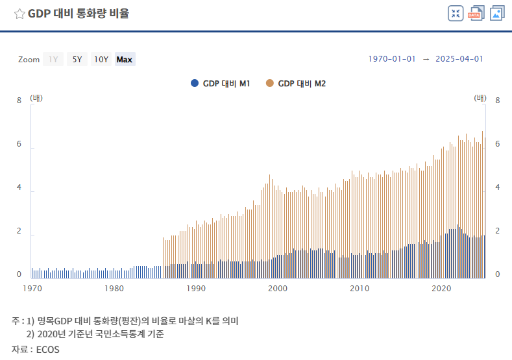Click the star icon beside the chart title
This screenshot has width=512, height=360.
pyautogui.click(x=19, y=14)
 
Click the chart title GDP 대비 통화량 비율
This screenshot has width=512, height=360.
pyautogui.click(x=78, y=14)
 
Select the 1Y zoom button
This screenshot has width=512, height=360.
pyautogui.click(x=53, y=60)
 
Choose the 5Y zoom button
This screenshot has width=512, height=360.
pyautogui.click(x=77, y=60)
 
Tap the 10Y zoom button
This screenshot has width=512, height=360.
pyautogui.click(x=101, y=60)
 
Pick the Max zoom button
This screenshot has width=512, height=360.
pyautogui.click(x=125, y=60)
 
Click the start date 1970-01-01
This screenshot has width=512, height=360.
pyautogui.click(x=392, y=59)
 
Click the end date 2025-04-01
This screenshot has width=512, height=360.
pyautogui.click(x=459, y=59)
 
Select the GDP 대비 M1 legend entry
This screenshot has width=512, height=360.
pyautogui.click(x=221, y=83)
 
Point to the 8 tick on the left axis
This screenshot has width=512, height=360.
pyautogui.click(x=19, y=101)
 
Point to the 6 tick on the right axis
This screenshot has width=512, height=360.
pyautogui.click(x=497, y=144)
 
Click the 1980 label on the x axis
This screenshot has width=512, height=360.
pyautogui.click(x=114, y=288)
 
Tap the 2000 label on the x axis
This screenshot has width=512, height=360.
pyautogui.click(x=278, y=288)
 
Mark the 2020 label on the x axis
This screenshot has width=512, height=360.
pyautogui.click(x=441, y=288)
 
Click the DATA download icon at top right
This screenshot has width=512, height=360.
pyautogui.click(x=476, y=14)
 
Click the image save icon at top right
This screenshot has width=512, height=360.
pyautogui.click(x=497, y=14)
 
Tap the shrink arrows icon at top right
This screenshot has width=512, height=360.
pyautogui.click(x=456, y=14)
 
